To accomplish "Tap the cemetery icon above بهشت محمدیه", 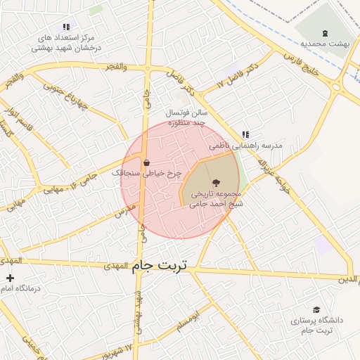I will (x=325, y=32).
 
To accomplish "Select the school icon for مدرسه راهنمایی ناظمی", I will (x=245, y=134).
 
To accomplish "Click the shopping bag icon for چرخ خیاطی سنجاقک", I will (x=146, y=163).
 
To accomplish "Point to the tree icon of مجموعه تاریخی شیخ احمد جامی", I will (x=215, y=183).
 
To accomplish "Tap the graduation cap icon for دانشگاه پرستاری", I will (x=316, y=310).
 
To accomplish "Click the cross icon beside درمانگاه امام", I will (x=10, y=279).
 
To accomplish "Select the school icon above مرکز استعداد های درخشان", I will (x=66, y=27).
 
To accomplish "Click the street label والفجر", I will (x=115, y=66).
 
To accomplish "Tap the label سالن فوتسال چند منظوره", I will (x=187, y=117).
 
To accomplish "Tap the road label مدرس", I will (x=125, y=210).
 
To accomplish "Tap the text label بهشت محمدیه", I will (x=325, y=44).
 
